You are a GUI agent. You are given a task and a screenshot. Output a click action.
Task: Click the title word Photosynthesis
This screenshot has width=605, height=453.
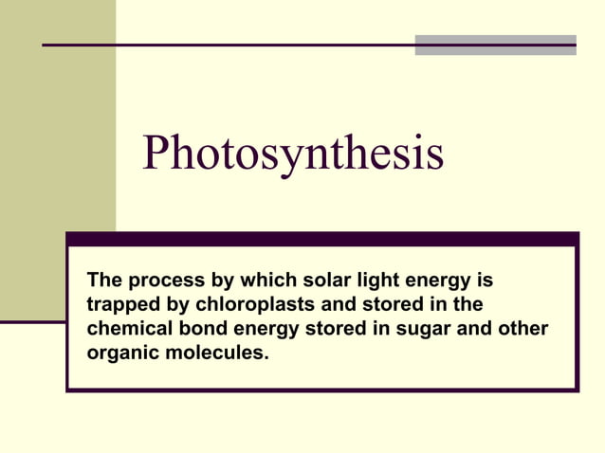click(292, 154)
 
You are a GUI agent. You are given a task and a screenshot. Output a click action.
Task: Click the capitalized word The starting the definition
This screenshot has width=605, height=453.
click(104, 281)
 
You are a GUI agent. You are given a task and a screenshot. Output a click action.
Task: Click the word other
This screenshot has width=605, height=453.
click(523, 330)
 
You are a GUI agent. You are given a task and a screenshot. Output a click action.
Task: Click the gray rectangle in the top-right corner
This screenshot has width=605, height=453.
click(495, 45)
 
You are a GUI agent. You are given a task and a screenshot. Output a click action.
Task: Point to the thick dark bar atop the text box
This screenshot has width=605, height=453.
click(321, 239)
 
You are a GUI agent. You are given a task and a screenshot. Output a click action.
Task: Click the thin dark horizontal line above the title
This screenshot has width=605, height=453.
click(228, 45)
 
